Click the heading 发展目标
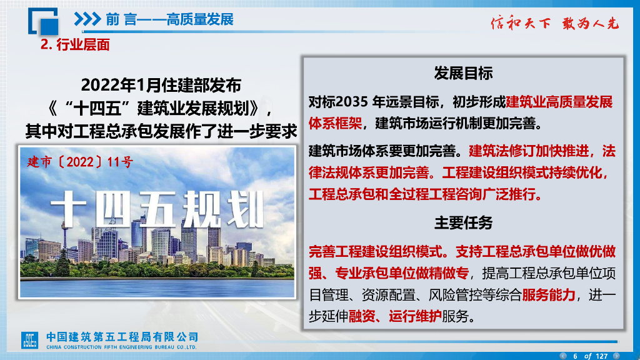coord(463,73)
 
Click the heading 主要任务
coord(463,222)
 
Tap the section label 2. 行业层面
coord(75,44)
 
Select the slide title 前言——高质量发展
coord(169,19)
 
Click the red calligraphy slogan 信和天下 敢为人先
coord(554,24)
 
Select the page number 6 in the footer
coord(575,356)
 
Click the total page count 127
coord(601,356)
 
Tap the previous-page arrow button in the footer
coord(562,356)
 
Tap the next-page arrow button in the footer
coord(616,356)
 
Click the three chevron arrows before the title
coord(87,19)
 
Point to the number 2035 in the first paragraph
coord(354,102)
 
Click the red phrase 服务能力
coord(548,295)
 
